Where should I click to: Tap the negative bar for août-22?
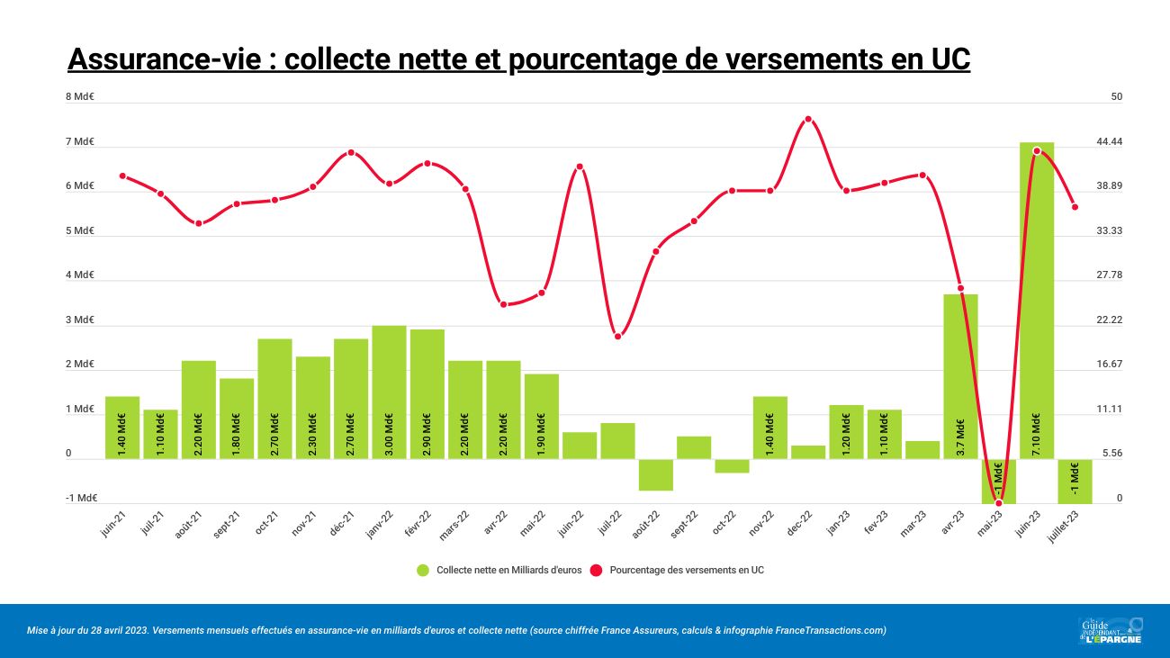[656, 474]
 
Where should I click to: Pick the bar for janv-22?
[389, 392]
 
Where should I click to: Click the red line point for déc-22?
[808, 119]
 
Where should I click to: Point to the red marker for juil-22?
[617, 337]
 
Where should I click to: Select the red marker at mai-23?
[998, 503]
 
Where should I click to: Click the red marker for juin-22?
[580, 167]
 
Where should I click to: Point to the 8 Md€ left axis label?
[81, 96]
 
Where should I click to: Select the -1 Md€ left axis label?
[81, 498]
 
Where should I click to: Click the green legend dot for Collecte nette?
[422, 570]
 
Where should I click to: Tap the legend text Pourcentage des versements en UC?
[687, 570]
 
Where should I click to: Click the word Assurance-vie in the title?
[168, 59]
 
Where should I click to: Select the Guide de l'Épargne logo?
[1110, 630]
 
